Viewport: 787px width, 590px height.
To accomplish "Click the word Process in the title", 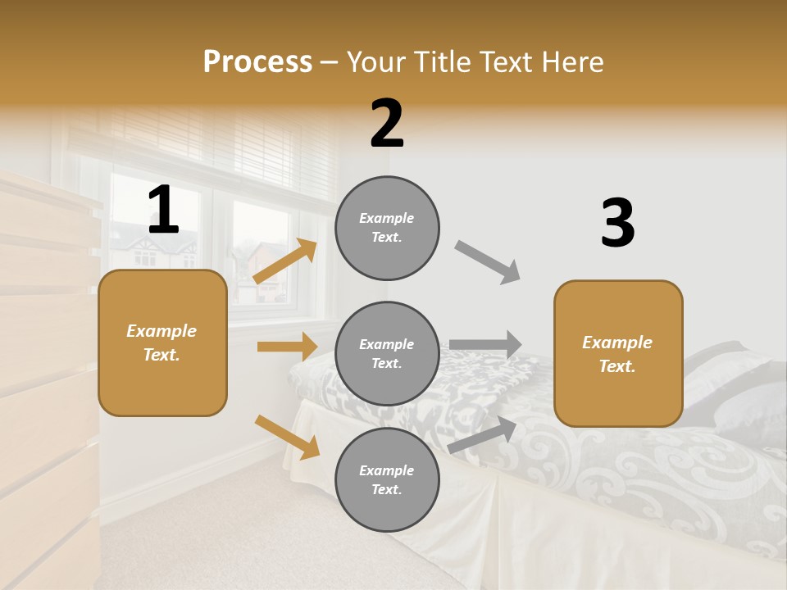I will pyautogui.click(x=257, y=61).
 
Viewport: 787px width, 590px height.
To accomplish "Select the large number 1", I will pyautogui.click(x=163, y=210).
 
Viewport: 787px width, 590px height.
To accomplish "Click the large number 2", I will pyautogui.click(x=387, y=124).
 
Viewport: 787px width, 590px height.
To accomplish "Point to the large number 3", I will pyautogui.click(x=617, y=223).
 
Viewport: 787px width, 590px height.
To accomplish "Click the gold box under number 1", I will pyautogui.click(x=162, y=343).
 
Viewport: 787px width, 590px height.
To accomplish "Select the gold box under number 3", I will pyautogui.click(x=618, y=354).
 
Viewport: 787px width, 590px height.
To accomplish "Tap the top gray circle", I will pyautogui.click(x=387, y=228).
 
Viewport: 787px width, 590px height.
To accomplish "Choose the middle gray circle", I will pyautogui.click(x=387, y=354).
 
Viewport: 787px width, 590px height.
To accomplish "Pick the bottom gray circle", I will pyautogui.click(x=387, y=480).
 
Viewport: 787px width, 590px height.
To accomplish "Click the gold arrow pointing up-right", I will pyautogui.click(x=285, y=261).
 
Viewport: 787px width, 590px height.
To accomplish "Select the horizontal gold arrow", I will pyautogui.click(x=287, y=347).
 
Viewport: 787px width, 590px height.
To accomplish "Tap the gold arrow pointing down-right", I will pyautogui.click(x=287, y=437).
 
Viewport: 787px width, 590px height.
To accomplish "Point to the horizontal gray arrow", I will pyautogui.click(x=485, y=344).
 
